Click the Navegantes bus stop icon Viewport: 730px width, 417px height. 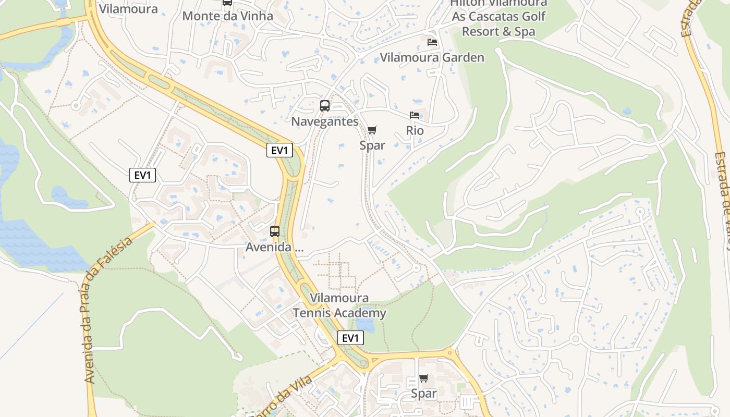[324, 106]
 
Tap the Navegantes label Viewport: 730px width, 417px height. [324, 121]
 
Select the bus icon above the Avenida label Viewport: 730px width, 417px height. [274, 231]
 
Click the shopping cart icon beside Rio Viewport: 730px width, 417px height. [372, 130]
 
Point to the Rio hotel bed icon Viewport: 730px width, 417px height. [415, 115]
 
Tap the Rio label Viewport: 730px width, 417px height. [415, 130]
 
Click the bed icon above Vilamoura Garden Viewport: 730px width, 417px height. [432, 42]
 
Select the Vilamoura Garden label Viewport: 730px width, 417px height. [432, 57]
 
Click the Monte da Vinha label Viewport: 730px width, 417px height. [227, 16]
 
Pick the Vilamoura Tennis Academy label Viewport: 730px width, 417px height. [339, 305]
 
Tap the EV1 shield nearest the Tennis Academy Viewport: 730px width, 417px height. [350, 338]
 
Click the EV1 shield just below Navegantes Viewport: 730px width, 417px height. [279, 151]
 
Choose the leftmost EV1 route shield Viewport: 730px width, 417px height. [142, 175]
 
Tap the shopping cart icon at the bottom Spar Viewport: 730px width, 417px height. [423, 378]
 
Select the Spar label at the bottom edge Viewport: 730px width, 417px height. [423, 394]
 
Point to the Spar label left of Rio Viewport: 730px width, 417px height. [372, 145]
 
